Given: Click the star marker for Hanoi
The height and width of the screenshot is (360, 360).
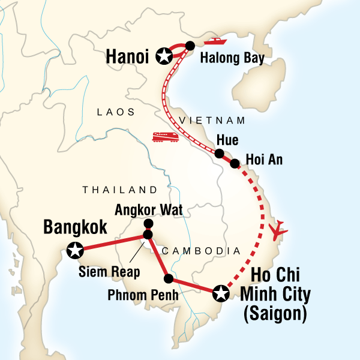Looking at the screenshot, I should point(163,56).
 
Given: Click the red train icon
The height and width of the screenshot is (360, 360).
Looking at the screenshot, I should point(165,137).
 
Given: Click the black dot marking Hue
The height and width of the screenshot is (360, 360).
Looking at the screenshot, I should point(220,154).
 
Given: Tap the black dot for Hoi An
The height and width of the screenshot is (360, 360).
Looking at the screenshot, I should point(235,163).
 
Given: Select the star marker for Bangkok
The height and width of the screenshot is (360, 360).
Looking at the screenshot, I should point(75,250).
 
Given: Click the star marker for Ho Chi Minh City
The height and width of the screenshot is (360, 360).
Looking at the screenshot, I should point(221,292).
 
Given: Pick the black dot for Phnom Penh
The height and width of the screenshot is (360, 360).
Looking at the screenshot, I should point(169,278).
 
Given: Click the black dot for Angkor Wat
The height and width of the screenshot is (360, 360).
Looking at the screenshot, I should point(148,224).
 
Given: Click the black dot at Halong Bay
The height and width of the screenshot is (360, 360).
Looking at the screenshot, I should point(190,45).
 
